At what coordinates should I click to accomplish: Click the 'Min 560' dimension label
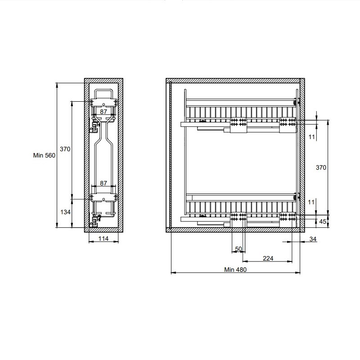pos(44,155)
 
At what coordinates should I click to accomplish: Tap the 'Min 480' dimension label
pos(235,270)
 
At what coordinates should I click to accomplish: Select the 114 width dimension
pos(103,238)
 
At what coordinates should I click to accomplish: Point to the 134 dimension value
pos(65,212)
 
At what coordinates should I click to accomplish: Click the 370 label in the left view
pos(65,149)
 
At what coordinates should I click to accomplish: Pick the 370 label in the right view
pos(321,167)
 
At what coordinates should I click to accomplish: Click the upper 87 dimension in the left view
pos(103,112)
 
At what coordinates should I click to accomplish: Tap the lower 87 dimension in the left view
pos(103,183)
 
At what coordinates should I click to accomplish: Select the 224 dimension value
pos(268,258)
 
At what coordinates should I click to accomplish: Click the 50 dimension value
pos(238,249)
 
